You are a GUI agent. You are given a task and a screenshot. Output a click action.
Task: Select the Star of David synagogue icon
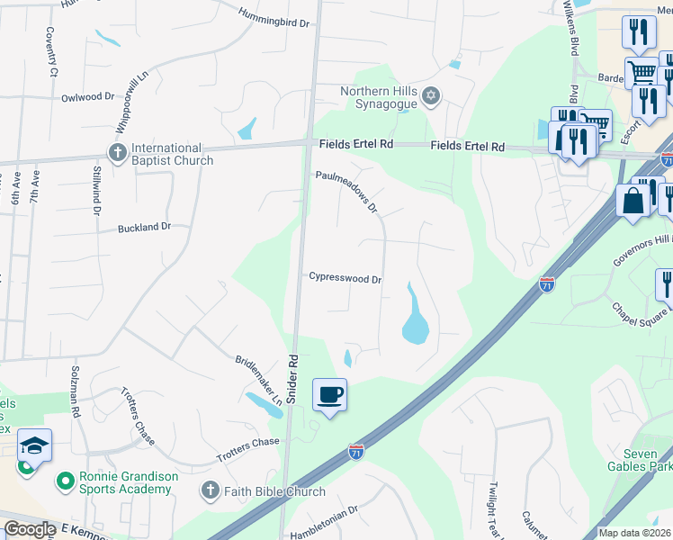click(431, 95)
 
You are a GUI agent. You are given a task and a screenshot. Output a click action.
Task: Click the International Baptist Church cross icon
click(117, 153)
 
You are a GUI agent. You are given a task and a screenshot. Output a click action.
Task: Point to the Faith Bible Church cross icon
click(210, 490)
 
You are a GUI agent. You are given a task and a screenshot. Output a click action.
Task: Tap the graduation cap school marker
click(34, 446)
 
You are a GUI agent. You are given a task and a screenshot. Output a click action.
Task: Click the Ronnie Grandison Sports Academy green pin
click(65, 481)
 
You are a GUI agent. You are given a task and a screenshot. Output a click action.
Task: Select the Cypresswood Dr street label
click(345, 279)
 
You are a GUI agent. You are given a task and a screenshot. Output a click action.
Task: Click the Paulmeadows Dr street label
click(346, 192)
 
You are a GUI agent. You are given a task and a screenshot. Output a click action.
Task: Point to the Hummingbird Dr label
click(274, 15)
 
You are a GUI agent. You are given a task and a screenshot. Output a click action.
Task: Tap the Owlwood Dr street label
click(88, 96)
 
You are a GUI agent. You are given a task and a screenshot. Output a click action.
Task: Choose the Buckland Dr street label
click(144, 228)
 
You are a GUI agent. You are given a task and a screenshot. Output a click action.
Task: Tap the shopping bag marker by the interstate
click(633, 201)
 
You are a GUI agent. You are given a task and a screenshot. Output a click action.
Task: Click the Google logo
click(30, 529)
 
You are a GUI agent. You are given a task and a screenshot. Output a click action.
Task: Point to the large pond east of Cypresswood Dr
click(415, 317)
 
